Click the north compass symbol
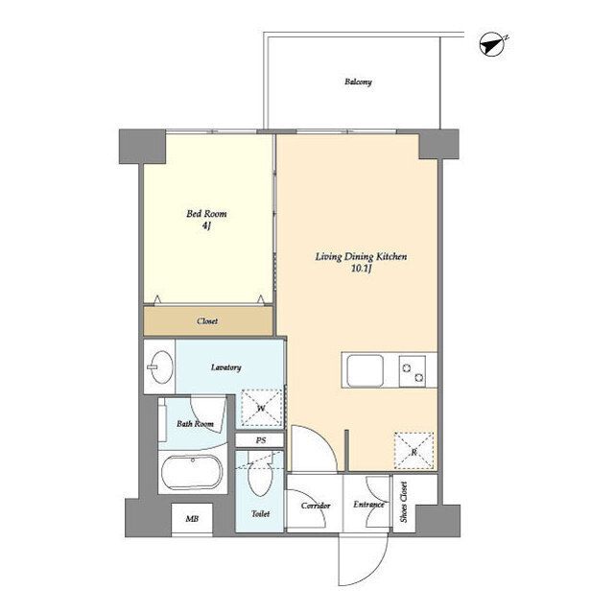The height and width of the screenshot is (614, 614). click(493, 44)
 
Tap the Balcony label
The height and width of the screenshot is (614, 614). click(358, 82)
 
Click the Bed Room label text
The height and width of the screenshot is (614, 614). click(206, 214)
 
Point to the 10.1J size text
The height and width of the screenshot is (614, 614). click(361, 269)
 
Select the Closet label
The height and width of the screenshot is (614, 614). click(207, 321)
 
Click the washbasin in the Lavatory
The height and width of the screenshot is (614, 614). click(160, 366)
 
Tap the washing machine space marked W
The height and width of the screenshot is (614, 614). click(261, 408)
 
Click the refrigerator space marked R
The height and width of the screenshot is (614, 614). click(413, 451)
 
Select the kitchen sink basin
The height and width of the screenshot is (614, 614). click(365, 370)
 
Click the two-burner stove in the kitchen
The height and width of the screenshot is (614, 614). click(413, 371)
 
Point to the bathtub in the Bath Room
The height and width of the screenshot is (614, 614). click(192, 472)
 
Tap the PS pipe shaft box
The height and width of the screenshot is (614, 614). click(260, 440)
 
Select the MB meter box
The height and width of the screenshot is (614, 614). click(192, 519)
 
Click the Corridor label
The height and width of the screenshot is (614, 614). click(316, 506)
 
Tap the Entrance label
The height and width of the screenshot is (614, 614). click(368, 505)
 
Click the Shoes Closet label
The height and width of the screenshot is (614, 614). click(404, 502)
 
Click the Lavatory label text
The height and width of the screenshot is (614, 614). click(226, 367)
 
